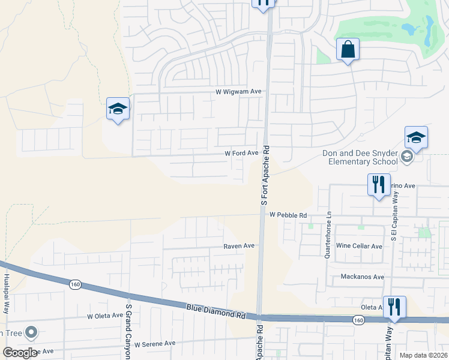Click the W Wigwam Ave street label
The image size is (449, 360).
click(239, 92)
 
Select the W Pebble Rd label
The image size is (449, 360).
click(288, 215)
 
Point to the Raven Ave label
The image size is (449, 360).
click(239, 246)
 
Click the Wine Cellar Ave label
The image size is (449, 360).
click(359, 246)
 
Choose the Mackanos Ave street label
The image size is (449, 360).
click(362, 277)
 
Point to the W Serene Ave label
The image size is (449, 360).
click(155, 344)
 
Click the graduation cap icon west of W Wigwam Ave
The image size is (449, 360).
click(118, 109)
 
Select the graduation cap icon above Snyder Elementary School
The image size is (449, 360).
click(416, 137)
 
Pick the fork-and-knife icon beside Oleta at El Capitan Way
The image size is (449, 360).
click(394, 307)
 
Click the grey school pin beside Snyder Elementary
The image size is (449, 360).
click(407, 158)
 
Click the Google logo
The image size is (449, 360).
click(20, 353)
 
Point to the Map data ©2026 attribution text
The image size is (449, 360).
click(423, 355)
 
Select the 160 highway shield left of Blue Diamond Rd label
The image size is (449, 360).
click(74, 284)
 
